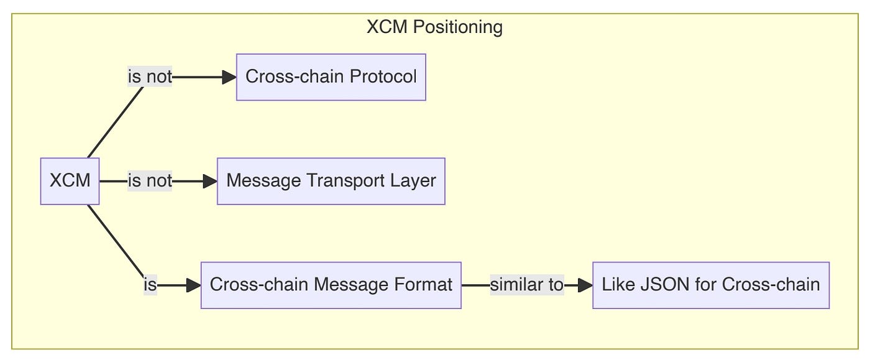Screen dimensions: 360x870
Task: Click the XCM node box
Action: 70,181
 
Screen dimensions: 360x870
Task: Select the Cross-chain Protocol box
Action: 331,77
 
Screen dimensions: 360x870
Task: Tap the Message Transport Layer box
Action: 331,181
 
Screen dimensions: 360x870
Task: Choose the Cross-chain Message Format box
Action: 331,285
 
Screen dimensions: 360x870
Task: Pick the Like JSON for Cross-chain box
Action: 710,285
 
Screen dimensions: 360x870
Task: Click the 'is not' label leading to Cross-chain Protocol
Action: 149,77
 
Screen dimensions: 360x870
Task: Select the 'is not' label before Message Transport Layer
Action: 149,181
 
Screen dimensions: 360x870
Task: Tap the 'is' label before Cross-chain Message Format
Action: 150,285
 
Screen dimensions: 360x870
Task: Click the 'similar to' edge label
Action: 526,285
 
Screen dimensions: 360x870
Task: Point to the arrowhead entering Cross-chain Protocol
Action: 229,77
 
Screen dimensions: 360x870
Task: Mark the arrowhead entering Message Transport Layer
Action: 210,181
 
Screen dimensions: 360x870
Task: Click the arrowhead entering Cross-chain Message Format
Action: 194,285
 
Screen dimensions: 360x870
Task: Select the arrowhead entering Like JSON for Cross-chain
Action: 585,285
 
